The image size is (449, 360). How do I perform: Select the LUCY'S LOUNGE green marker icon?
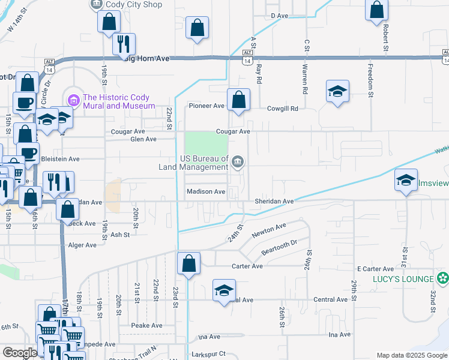[443, 278]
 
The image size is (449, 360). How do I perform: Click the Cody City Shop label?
[134, 4]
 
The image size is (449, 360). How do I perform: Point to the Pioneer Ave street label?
[206, 106]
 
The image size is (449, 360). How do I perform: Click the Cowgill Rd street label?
[282, 109]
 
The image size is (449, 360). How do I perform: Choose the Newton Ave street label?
[273, 229]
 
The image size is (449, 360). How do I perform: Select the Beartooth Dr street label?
[279, 245]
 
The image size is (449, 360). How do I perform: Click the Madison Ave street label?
[206, 192]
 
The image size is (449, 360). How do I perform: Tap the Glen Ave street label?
[143, 139]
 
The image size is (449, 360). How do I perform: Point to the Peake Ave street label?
[148, 325]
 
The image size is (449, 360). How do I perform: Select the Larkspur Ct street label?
[208, 355]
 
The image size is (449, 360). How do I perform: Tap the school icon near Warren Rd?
[337, 91]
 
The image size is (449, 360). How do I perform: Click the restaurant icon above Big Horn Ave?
[124, 43]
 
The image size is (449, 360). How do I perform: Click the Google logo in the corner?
[20, 353]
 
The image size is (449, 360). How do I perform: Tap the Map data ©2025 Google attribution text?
[411, 355]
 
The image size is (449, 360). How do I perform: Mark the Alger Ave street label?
[82, 245]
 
